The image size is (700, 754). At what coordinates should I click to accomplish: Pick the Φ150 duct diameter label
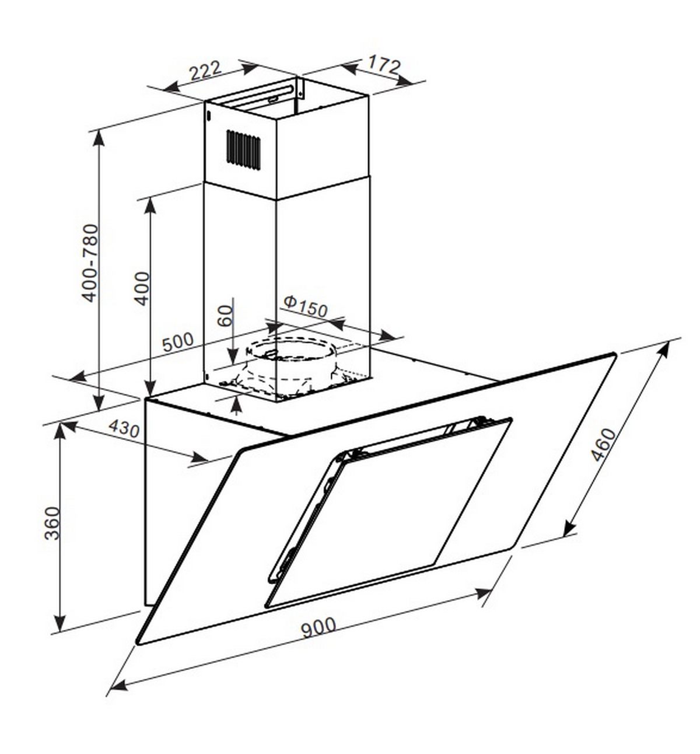point(306,306)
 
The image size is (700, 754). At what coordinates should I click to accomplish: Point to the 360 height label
point(52,523)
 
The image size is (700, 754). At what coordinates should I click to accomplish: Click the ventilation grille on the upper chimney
point(244,149)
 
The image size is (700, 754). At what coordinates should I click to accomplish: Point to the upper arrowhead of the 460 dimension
point(665,348)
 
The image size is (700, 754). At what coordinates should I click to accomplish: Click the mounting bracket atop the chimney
point(300,86)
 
